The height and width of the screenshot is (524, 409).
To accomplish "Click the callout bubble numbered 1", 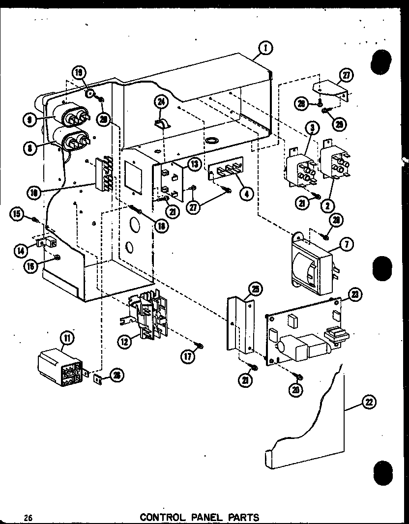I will point(265,48).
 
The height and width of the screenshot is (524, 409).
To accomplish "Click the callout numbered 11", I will point(65,338).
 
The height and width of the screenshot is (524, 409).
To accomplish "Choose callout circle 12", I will point(125,341).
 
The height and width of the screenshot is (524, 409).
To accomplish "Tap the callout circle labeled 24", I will point(160,102).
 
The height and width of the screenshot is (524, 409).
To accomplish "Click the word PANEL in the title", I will point(210,517).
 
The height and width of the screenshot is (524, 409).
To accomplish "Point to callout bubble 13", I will point(195,164).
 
